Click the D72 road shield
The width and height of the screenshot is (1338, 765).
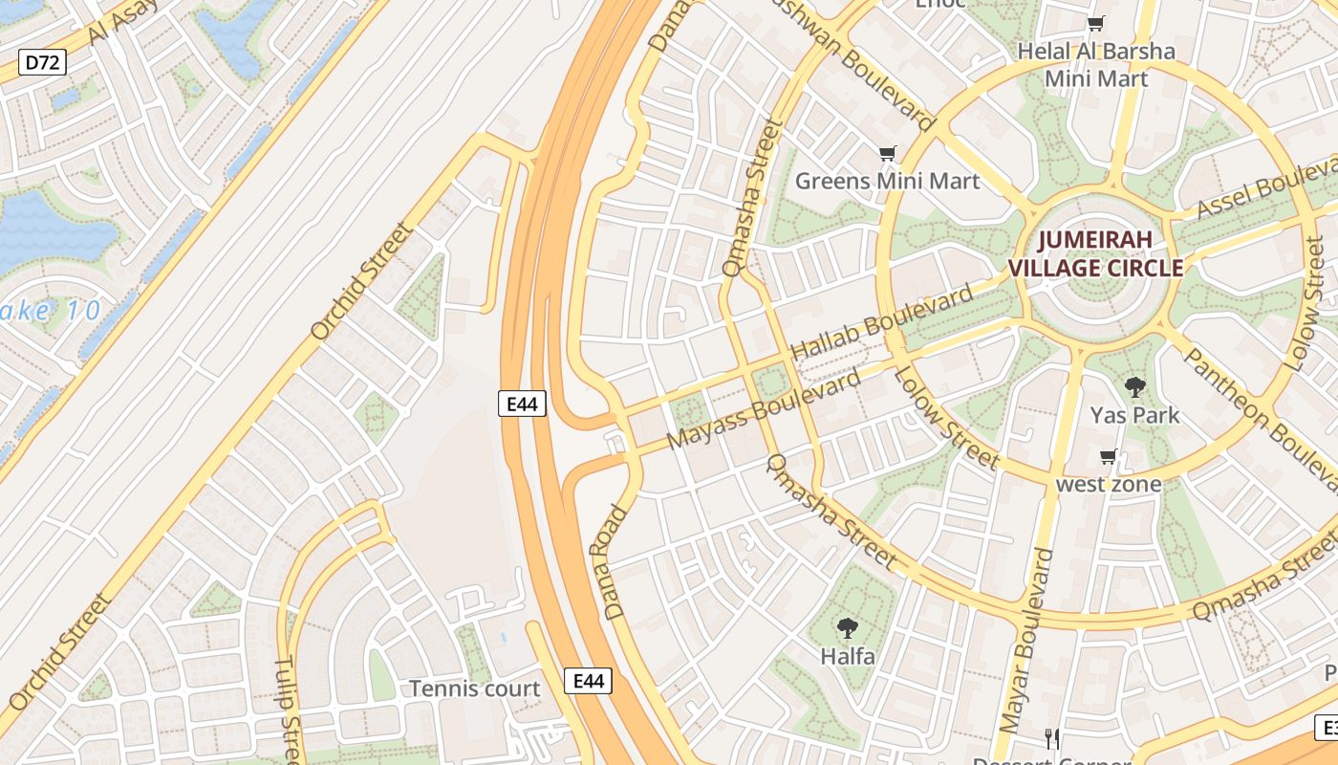pos(43,64)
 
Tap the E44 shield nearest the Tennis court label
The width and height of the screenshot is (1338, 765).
pos(588,681)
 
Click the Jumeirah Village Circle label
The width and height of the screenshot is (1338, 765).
pos(1110,253)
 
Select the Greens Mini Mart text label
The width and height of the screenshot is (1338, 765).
pos(887,181)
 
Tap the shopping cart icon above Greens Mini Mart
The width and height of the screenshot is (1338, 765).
pos(888,153)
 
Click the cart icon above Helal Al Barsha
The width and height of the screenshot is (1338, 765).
pos(1095,24)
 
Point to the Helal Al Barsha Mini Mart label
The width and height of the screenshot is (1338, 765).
pos(1095,64)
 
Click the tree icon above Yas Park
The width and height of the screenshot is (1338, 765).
pos(1134,387)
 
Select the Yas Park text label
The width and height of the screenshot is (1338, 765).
pos(1134,415)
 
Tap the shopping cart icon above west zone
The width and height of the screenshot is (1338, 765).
pos(1108,457)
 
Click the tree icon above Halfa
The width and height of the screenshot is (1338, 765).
pos(846,628)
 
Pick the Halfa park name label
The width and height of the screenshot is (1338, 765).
pos(847,657)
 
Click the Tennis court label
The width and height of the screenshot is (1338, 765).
pos(474,688)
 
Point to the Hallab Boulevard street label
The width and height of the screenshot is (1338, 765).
pos(884,322)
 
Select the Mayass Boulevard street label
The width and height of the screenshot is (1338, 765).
pos(765,411)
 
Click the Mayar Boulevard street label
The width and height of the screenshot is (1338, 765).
pos(1024,641)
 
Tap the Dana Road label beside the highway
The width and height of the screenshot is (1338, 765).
pos(616,561)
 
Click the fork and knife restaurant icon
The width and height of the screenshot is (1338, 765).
pos(1052,738)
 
